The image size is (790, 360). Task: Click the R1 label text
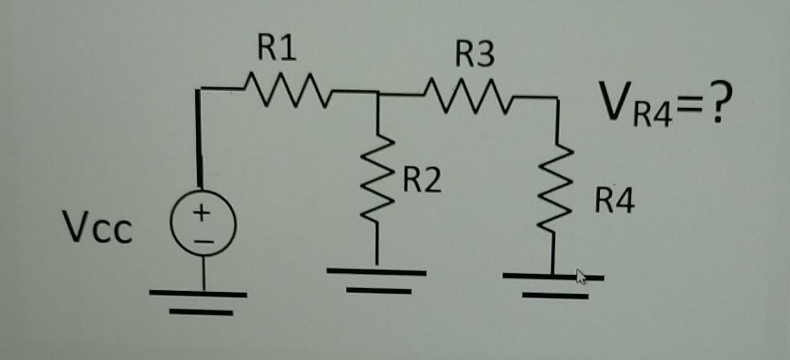pyautogui.click(x=277, y=49)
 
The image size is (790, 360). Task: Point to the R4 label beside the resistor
pyautogui.click(x=613, y=204)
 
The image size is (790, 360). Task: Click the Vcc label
pyautogui.click(x=97, y=230)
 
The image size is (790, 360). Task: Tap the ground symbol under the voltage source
pyautogui.click(x=198, y=301)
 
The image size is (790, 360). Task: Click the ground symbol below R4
pyautogui.click(x=553, y=285)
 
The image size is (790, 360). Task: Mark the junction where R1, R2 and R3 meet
pyautogui.click(x=378, y=94)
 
